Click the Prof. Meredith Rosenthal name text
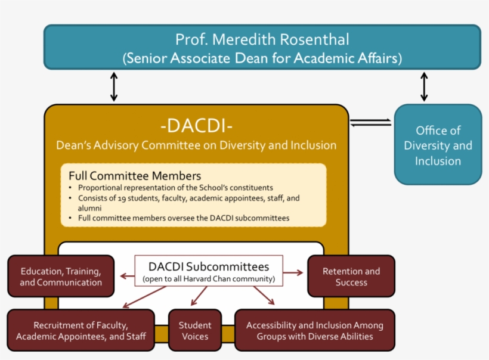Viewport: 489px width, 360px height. (262, 39)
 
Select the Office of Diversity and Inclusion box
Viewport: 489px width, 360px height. (438, 145)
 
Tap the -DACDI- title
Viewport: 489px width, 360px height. (196, 126)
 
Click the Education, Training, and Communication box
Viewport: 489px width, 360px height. (61, 277)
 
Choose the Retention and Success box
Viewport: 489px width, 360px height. (351, 277)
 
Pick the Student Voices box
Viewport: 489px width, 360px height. (195, 330)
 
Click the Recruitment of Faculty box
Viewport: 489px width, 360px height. (81, 330)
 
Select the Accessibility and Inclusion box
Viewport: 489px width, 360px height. (314, 330)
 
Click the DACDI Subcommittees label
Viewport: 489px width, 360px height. (208, 266)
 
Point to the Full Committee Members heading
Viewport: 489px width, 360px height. (135, 176)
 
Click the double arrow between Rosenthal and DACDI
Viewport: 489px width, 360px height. (114, 87)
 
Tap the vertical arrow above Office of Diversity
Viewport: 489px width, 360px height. (424, 87)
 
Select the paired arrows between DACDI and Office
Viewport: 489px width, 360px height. (370, 122)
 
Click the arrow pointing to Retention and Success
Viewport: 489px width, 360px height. (293, 272)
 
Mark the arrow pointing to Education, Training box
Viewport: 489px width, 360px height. (126, 275)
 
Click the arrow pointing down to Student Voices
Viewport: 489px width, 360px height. (199, 296)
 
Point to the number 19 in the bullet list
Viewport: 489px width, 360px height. (116, 198)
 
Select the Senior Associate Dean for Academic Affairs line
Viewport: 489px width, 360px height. (262, 59)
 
